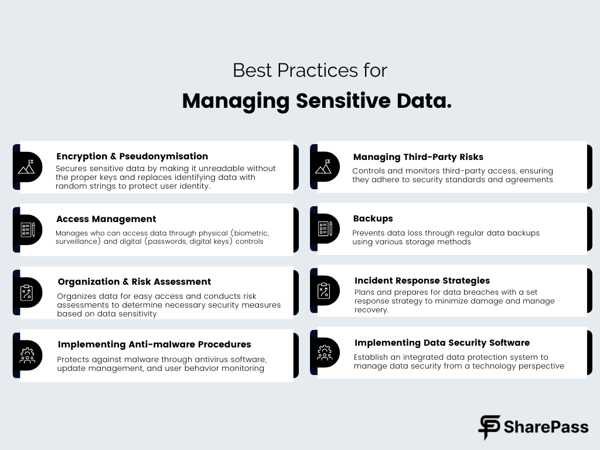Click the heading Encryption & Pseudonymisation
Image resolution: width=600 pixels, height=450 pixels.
pyautogui.click(x=132, y=156)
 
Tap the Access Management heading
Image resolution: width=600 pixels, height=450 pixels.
pyautogui.click(x=106, y=219)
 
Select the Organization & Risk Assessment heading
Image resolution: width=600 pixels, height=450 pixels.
pyautogui.click(x=134, y=282)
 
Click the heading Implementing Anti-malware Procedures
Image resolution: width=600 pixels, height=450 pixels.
pyautogui.click(x=154, y=345)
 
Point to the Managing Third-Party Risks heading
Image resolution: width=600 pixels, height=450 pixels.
pyautogui.click(x=418, y=157)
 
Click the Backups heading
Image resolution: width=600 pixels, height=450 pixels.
pyautogui.click(x=373, y=219)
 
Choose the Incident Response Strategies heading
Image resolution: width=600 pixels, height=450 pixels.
pyautogui.click(x=422, y=281)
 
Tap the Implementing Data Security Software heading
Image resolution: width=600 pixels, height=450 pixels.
pyautogui.click(x=442, y=343)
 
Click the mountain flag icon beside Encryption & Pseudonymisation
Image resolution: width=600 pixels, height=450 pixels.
pyautogui.click(x=26, y=167)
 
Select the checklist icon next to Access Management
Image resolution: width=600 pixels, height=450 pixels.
pyautogui.click(x=28, y=230)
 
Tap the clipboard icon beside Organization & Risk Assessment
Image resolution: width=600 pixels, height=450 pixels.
pyautogui.click(x=26, y=293)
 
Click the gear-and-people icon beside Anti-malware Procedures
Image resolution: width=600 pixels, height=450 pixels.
pyautogui.click(x=27, y=356)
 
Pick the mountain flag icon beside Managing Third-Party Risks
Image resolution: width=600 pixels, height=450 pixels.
pyautogui.click(x=323, y=167)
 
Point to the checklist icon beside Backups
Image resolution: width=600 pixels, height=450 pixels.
pyautogui.click(x=325, y=229)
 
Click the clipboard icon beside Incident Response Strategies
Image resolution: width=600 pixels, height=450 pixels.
pyautogui.click(x=323, y=291)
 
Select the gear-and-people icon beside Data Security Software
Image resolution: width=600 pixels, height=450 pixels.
pyautogui.click(x=325, y=353)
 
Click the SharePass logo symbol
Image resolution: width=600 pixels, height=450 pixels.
pyautogui.click(x=489, y=427)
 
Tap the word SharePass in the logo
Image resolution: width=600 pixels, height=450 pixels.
pyautogui.click(x=546, y=427)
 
